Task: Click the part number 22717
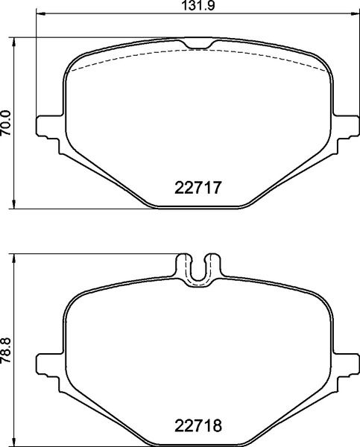pos(198,188)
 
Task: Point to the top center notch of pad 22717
pos(198,42)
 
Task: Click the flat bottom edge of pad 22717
pos(198,208)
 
